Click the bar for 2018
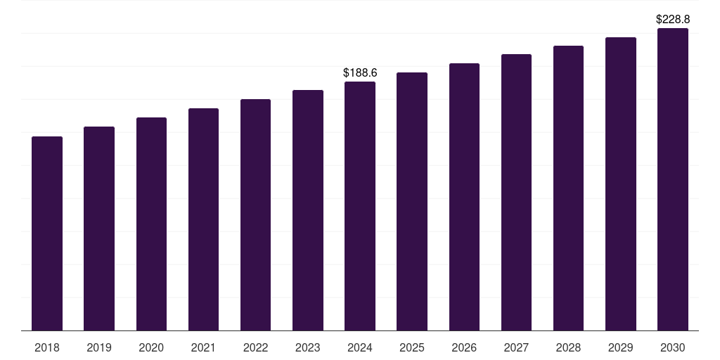pyautogui.click(x=47, y=233)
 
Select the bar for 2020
pyautogui.click(x=151, y=224)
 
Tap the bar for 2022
pyautogui.click(x=255, y=214)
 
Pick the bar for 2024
pyautogui.click(x=360, y=206)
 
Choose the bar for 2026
pyautogui.click(x=464, y=197)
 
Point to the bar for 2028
pyautogui.click(x=568, y=188)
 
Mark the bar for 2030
pyautogui.click(x=673, y=179)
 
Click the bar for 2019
pyautogui.click(x=99, y=229)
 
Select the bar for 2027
pyautogui.click(x=516, y=192)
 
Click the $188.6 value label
pyautogui.click(x=360, y=72)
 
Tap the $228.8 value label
pyautogui.click(x=673, y=20)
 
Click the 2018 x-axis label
pyautogui.click(x=47, y=347)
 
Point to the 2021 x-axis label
pyautogui.click(x=203, y=347)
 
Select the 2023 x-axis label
pyautogui.click(x=308, y=347)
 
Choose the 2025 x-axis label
pyautogui.click(x=412, y=347)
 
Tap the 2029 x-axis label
pyautogui.click(x=621, y=347)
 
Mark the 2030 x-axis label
pyautogui.click(x=673, y=347)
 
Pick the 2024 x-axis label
pyautogui.click(x=360, y=347)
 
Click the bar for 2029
pyautogui.click(x=621, y=184)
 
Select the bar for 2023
pyautogui.click(x=308, y=210)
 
